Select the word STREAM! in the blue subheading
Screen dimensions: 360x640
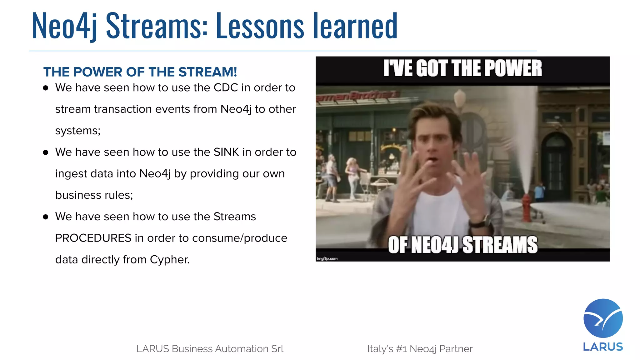pos(208,72)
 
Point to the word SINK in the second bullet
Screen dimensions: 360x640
pos(226,152)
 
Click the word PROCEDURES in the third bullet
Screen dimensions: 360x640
pos(93,238)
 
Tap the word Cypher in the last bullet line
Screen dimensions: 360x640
pos(169,260)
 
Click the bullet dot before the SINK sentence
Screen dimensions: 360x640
pos(46,152)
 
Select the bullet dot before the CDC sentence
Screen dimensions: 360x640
pos(46,88)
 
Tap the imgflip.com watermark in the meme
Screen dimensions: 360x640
pos(327,258)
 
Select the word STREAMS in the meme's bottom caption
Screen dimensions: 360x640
pos(500,245)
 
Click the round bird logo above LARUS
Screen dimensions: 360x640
pos(603,318)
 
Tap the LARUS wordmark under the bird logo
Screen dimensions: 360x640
pos(603,347)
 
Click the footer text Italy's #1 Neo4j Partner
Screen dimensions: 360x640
pos(420,349)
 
